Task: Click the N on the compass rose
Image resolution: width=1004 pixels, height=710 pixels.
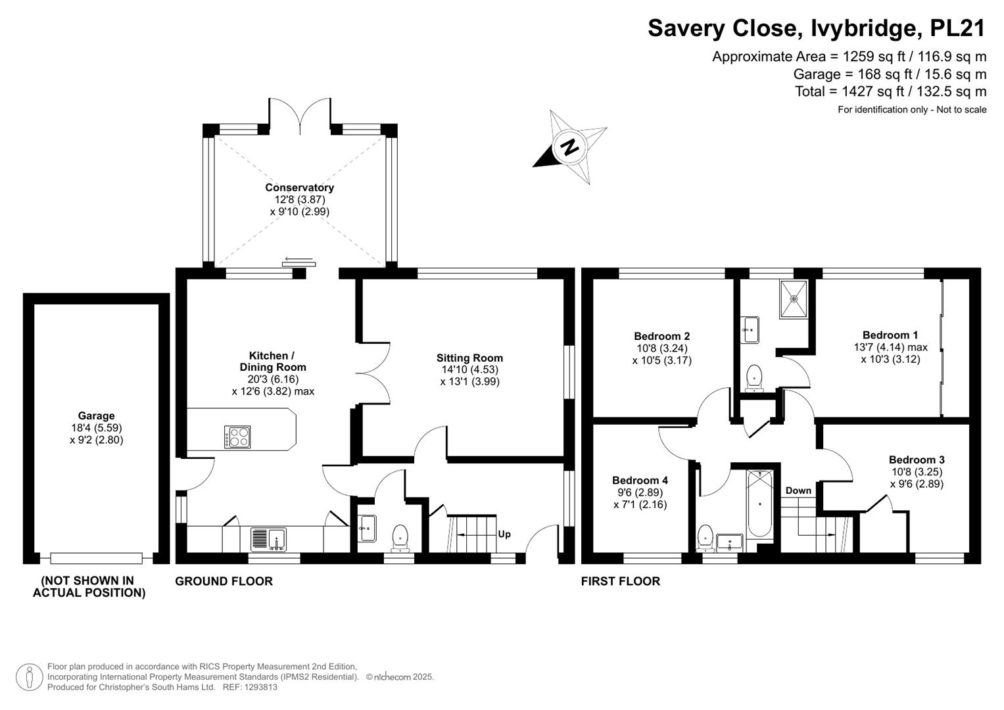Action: coord(569,147)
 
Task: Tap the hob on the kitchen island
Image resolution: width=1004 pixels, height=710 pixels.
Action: coord(237,437)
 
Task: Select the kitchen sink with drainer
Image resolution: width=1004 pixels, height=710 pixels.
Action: coord(268,539)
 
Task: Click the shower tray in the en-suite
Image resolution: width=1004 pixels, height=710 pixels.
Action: coord(794,299)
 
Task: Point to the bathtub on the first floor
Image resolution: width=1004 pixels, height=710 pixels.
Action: coord(759,504)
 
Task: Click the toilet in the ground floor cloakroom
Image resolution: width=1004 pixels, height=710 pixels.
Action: coord(400,538)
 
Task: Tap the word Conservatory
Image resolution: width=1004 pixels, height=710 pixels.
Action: coord(299,187)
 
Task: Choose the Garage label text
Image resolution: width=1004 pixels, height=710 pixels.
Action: coord(97,415)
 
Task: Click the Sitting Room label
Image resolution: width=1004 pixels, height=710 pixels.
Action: coord(469,358)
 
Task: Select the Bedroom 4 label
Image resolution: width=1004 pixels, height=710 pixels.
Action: coord(640,480)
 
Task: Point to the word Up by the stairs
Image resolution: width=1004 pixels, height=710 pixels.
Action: coord(504,534)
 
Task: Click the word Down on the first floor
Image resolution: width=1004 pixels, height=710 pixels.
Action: coord(798,490)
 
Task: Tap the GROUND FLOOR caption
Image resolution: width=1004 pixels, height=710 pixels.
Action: coord(224,581)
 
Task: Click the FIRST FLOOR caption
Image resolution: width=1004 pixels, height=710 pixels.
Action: coord(620,581)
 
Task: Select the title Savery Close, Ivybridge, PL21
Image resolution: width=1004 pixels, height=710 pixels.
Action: coord(817,28)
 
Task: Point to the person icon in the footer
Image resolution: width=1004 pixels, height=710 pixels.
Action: coord(30,677)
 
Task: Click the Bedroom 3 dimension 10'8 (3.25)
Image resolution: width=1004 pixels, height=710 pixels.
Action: coord(917,471)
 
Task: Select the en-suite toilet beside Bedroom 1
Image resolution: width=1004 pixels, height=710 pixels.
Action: coord(754,378)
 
